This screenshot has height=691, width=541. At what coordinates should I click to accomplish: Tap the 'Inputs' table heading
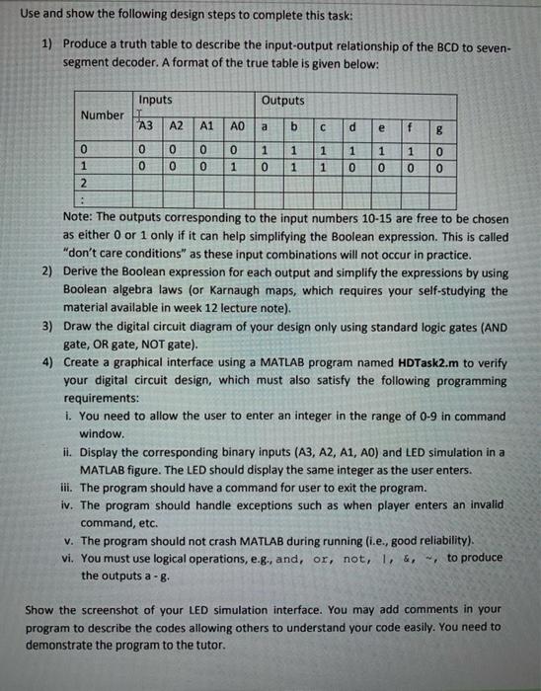click(x=155, y=101)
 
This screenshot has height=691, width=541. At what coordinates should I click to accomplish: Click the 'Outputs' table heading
click(x=283, y=101)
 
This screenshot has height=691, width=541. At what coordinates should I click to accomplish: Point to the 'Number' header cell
click(x=102, y=115)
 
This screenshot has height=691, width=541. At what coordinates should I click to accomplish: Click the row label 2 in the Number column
click(x=86, y=184)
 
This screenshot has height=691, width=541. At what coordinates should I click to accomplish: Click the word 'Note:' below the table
click(x=78, y=216)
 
